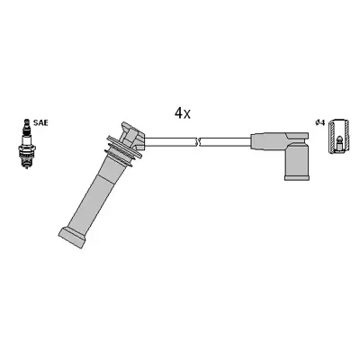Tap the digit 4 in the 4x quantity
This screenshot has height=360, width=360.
click(178, 113)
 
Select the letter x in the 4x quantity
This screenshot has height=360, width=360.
click(187, 115)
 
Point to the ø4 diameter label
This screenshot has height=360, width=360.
click(319, 123)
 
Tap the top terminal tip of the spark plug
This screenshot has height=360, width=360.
click(24, 119)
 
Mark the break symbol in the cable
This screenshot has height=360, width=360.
click(199, 140)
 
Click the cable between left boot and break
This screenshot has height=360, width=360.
click(171, 140)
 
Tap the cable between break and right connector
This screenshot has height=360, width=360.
click(225, 140)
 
